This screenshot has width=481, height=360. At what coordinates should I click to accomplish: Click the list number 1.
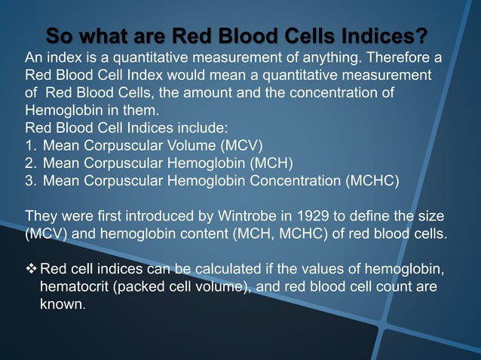tap(31, 145)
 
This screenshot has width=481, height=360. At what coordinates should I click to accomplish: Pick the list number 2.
tap(31, 163)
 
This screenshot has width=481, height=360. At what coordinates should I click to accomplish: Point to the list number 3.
tap(31, 180)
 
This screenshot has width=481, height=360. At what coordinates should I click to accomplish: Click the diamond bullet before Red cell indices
tap(31, 270)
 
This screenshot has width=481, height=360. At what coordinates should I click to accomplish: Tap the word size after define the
tap(430, 215)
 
